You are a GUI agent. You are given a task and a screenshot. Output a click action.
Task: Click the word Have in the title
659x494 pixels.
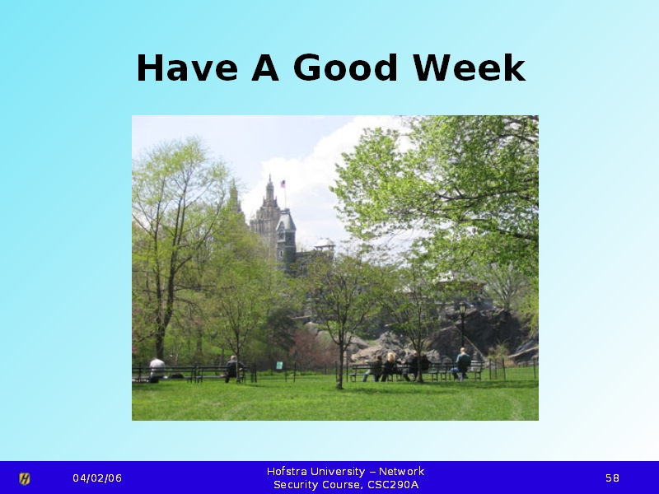(188, 68)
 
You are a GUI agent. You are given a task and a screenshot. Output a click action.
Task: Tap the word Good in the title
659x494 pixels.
(345, 68)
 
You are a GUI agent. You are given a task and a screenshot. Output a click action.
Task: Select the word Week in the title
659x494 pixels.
(469, 68)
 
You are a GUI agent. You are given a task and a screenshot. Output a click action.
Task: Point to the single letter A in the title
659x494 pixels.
(265, 68)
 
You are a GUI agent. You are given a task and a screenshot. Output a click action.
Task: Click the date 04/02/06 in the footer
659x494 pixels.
(97, 478)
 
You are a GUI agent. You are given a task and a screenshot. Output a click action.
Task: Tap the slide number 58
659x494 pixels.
(612, 478)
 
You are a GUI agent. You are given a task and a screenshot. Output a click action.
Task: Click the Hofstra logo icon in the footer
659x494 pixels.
(25, 478)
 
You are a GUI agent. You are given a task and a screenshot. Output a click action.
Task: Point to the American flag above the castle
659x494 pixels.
(283, 184)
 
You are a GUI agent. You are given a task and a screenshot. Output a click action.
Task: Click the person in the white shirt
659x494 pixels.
(157, 370)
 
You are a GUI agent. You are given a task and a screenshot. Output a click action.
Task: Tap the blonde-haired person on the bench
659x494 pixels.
(390, 366)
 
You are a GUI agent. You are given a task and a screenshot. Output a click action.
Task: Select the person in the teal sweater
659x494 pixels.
(462, 364)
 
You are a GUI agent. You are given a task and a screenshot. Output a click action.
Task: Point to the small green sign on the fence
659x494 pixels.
(279, 365)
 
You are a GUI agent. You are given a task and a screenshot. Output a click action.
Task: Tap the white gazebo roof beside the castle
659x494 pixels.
(325, 243)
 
